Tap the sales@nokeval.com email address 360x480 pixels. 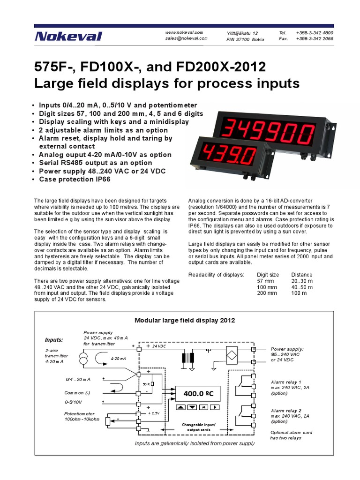coord(186,39)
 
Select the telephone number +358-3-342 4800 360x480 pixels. coord(315,33)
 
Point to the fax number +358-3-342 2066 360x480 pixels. coord(315,39)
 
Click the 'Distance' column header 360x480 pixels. coord(302,274)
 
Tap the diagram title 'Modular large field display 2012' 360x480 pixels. coord(185,320)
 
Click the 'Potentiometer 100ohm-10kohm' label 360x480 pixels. coord(82,417)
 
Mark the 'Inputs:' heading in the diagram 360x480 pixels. coord(53,340)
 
